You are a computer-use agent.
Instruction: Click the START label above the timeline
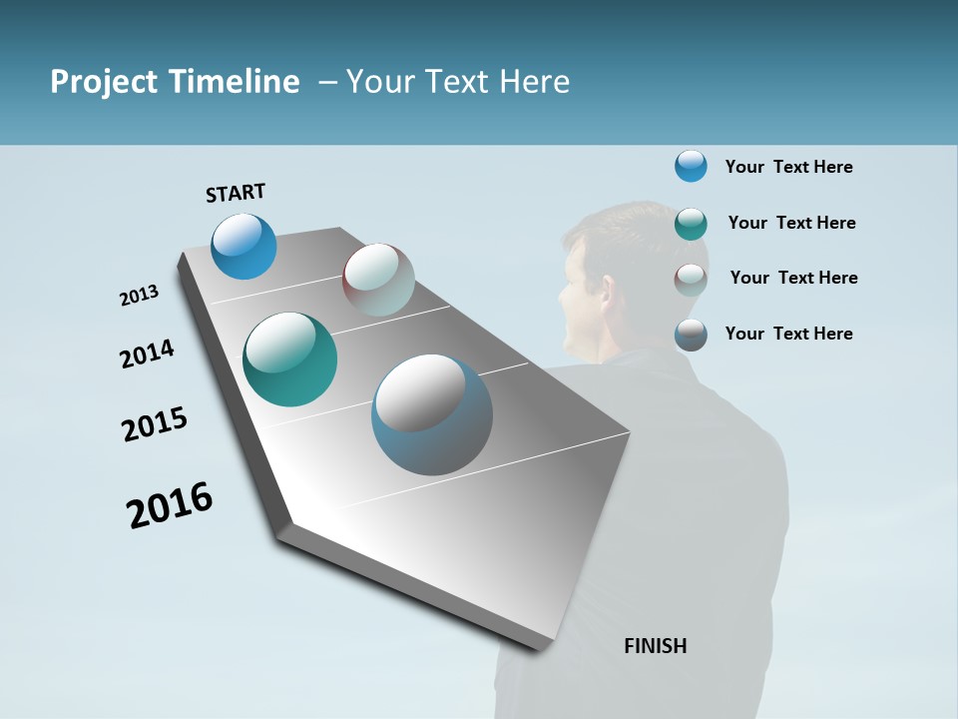(236, 193)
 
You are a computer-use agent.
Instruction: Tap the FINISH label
(655, 646)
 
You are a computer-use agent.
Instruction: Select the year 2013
(139, 296)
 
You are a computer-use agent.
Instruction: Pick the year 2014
(147, 354)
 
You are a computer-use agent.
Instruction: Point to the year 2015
(155, 424)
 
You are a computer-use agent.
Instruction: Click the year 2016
(170, 504)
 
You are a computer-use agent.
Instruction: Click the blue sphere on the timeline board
(243, 246)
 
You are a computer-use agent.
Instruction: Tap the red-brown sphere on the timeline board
(378, 280)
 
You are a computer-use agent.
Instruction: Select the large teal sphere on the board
(289, 359)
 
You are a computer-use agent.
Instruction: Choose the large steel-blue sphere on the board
(432, 414)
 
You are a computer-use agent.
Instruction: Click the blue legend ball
(691, 166)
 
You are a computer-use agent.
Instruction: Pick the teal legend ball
(691, 224)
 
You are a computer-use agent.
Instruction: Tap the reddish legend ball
(691, 280)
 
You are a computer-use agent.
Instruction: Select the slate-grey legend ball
(691, 335)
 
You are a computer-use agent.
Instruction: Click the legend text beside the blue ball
(788, 167)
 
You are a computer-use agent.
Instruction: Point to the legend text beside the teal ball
(791, 223)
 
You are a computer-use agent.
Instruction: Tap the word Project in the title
(104, 82)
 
